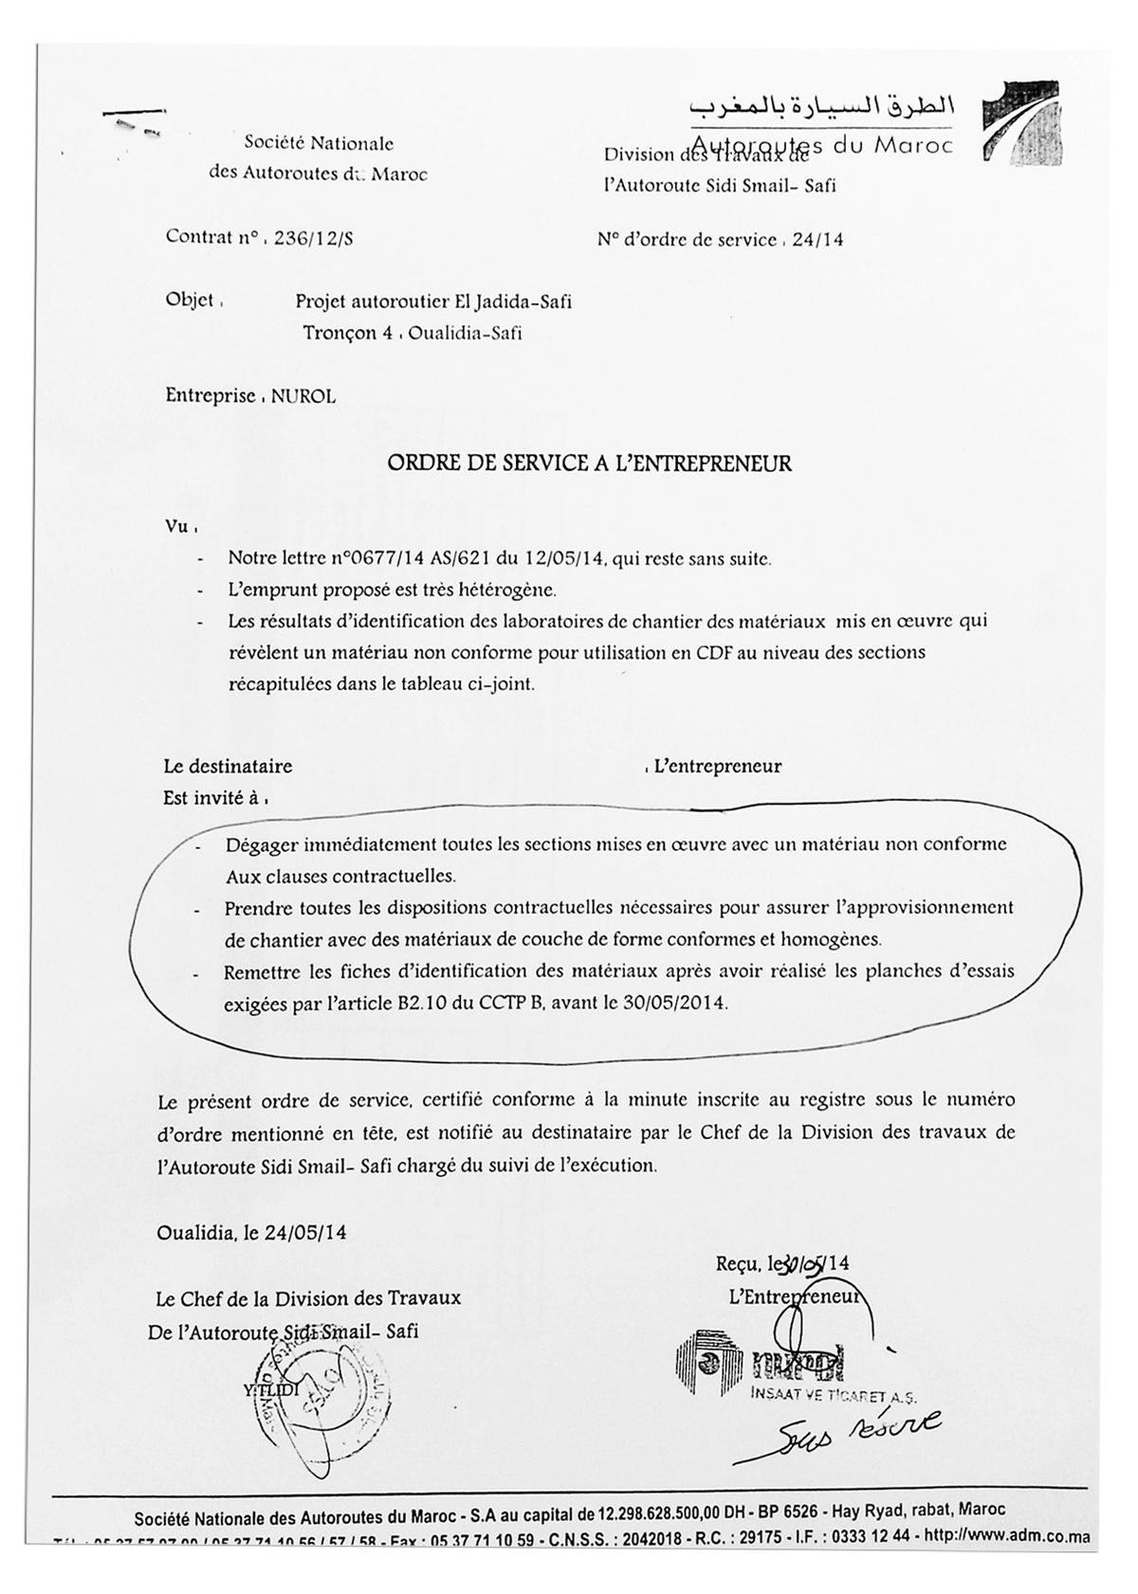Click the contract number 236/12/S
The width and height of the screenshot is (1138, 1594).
point(313,240)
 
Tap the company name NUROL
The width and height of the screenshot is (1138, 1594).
point(303,397)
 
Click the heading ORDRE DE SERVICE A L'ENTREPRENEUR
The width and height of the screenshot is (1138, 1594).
point(589,463)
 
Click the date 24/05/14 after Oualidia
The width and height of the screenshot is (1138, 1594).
point(305,1233)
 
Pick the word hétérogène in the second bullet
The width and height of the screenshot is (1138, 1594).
point(511,590)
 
